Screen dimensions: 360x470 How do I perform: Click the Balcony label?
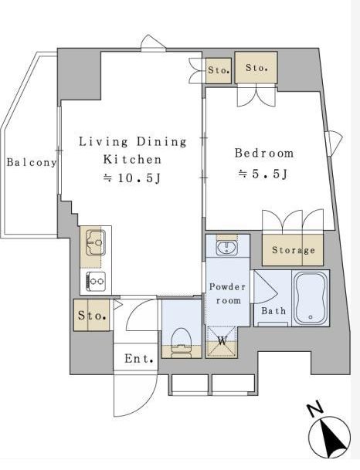tap(32, 163)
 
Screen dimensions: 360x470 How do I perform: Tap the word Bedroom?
tap(264, 153)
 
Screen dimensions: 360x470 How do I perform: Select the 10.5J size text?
tap(132, 178)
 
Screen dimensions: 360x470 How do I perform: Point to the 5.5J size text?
tap(263, 174)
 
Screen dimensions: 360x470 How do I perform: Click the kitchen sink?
tap(96, 242)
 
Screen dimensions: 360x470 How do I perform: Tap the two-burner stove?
tap(96, 281)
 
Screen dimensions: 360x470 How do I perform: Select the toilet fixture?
tap(182, 343)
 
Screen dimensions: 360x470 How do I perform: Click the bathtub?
tap(311, 297)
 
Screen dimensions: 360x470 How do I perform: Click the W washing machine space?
tap(222, 341)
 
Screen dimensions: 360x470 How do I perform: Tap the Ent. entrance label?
tap(139, 359)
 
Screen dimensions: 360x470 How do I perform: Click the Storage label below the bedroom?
tap(294, 250)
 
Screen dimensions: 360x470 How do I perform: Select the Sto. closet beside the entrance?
tap(91, 315)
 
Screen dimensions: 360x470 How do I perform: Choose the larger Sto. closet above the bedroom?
tap(256, 67)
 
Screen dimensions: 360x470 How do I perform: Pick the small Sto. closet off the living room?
tap(219, 70)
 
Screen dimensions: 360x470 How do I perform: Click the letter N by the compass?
tap(314, 410)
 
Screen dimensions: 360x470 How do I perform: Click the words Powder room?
tap(227, 293)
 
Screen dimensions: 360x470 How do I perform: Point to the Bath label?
tap(273, 311)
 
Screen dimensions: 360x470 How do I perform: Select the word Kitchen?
tap(132, 160)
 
